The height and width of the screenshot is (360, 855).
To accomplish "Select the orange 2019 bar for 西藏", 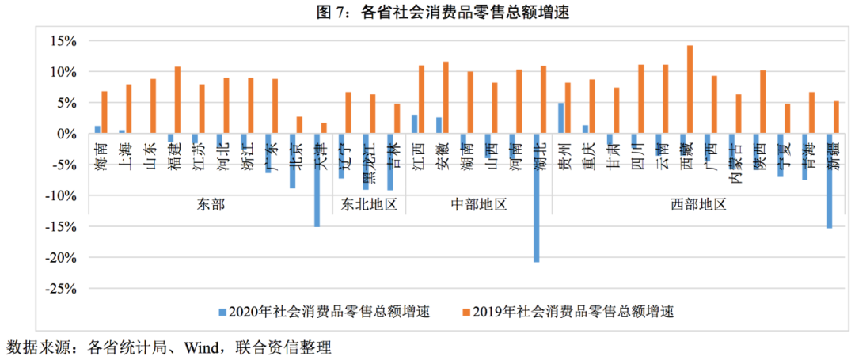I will pos(690,89).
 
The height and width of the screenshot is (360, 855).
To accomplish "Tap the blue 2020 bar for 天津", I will pos(317,180).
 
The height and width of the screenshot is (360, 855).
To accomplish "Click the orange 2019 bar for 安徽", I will pos(446,97).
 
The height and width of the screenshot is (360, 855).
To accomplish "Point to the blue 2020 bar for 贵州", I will pos(561,118).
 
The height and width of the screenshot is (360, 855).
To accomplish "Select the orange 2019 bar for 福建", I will pos(177,100).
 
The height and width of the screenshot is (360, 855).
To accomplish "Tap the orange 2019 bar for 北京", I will pos(299,125).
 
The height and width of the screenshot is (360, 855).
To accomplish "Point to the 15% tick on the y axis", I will pos(63,41).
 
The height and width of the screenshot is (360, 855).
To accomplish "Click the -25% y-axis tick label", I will pos(59,289).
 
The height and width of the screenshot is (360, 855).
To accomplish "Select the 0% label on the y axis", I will pos(66,134).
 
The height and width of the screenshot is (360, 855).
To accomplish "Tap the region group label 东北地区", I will pos(368,204).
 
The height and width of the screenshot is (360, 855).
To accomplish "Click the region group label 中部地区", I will pos(478,204).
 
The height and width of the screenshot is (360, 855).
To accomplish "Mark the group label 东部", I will pos(209,204).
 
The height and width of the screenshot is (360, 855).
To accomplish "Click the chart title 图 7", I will pos(427,12).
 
